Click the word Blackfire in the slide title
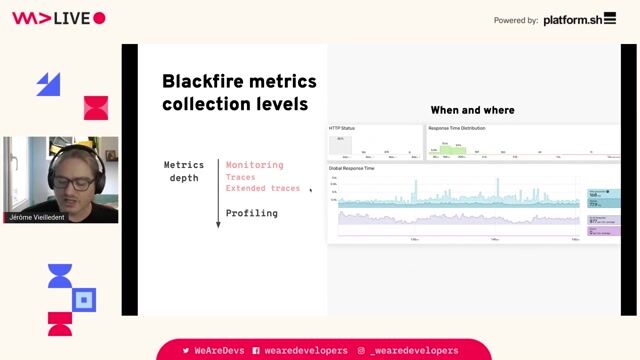(209, 82)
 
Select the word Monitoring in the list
(254, 165)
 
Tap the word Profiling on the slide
(251, 213)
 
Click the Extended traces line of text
(262, 188)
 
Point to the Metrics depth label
(184, 171)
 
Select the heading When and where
(472, 110)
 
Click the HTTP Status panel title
(342, 129)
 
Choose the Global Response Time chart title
(352, 168)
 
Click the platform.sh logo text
(580, 19)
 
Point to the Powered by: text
(516, 20)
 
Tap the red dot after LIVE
(99, 18)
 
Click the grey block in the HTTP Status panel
(340, 145)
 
